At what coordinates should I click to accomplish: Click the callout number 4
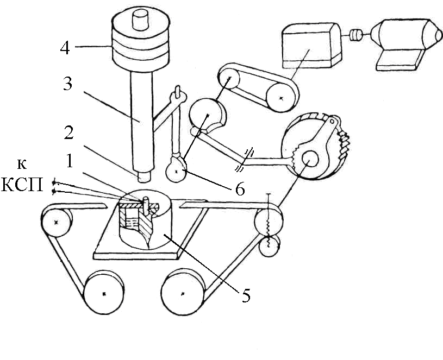click(x=65, y=48)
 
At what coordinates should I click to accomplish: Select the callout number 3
click(x=68, y=83)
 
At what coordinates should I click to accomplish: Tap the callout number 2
click(x=68, y=132)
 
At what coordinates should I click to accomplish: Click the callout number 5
click(x=246, y=296)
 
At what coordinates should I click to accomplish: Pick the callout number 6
click(x=240, y=189)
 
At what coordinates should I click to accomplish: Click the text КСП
click(x=22, y=185)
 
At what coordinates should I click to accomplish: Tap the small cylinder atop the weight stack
click(x=140, y=19)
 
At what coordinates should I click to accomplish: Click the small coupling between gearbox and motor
click(x=356, y=35)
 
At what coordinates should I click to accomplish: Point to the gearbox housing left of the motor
click(x=312, y=46)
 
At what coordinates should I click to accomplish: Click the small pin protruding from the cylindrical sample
click(x=146, y=206)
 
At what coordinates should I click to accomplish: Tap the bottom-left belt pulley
click(x=104, y=293)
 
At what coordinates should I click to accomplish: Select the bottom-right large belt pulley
click(x=183, y=292)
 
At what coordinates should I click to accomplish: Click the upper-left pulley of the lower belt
click(x=57, y=222)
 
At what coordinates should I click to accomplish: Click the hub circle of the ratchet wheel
click(x=309, y=160)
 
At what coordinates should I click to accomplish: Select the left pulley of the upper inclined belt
click(x=229, y=78)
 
